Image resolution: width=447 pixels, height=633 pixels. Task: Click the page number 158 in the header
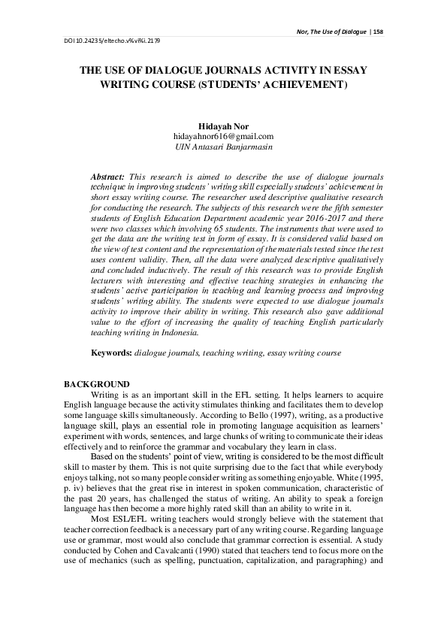coord(377,32)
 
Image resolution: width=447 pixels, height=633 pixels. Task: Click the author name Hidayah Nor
coord(223,126)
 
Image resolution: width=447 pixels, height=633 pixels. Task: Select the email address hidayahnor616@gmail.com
coord(223,136)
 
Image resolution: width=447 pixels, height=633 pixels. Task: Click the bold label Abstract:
coord(108,174)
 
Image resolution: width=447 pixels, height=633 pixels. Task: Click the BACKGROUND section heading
coord(97,384)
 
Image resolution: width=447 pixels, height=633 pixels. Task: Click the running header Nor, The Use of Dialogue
coord(327,32)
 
